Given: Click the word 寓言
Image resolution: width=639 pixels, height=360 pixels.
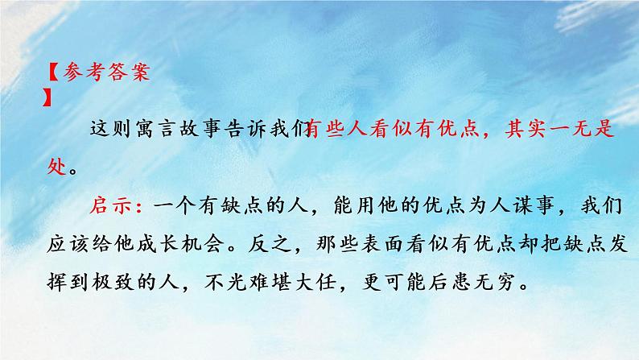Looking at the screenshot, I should (x=162, y=128).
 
